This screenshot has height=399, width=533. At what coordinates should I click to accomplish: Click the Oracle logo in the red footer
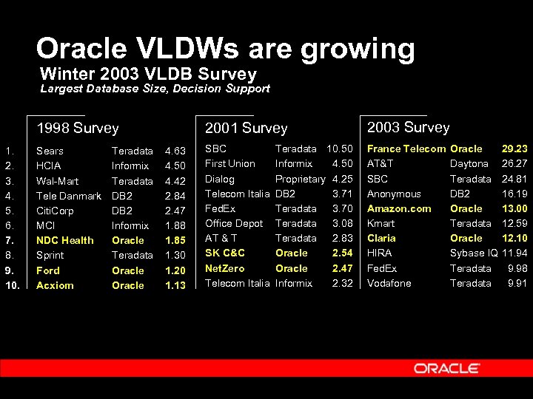446,368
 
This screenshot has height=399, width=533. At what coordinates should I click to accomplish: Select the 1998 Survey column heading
78,128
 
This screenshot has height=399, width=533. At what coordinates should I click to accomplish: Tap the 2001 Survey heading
246,128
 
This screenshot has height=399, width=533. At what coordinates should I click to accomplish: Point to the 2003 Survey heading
408,127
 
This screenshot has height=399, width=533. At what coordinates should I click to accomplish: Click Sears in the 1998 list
50,151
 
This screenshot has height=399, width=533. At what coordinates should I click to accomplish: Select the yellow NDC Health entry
65,240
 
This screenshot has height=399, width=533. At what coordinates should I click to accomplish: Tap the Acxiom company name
55,285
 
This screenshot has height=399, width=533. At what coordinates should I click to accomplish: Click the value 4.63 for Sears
175,151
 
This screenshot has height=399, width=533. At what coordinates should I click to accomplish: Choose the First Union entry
229,163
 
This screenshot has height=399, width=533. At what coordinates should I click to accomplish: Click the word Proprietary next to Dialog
300,179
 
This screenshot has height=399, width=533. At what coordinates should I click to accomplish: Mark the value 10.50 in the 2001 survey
340,149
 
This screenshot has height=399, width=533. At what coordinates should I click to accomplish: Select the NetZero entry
224,268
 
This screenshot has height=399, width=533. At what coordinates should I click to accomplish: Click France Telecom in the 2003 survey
406,149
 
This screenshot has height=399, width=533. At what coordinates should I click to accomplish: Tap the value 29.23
514,149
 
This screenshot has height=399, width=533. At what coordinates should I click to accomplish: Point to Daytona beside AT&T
469,163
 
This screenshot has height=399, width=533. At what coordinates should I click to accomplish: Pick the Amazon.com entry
399,208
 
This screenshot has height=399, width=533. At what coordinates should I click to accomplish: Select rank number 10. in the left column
12,285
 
